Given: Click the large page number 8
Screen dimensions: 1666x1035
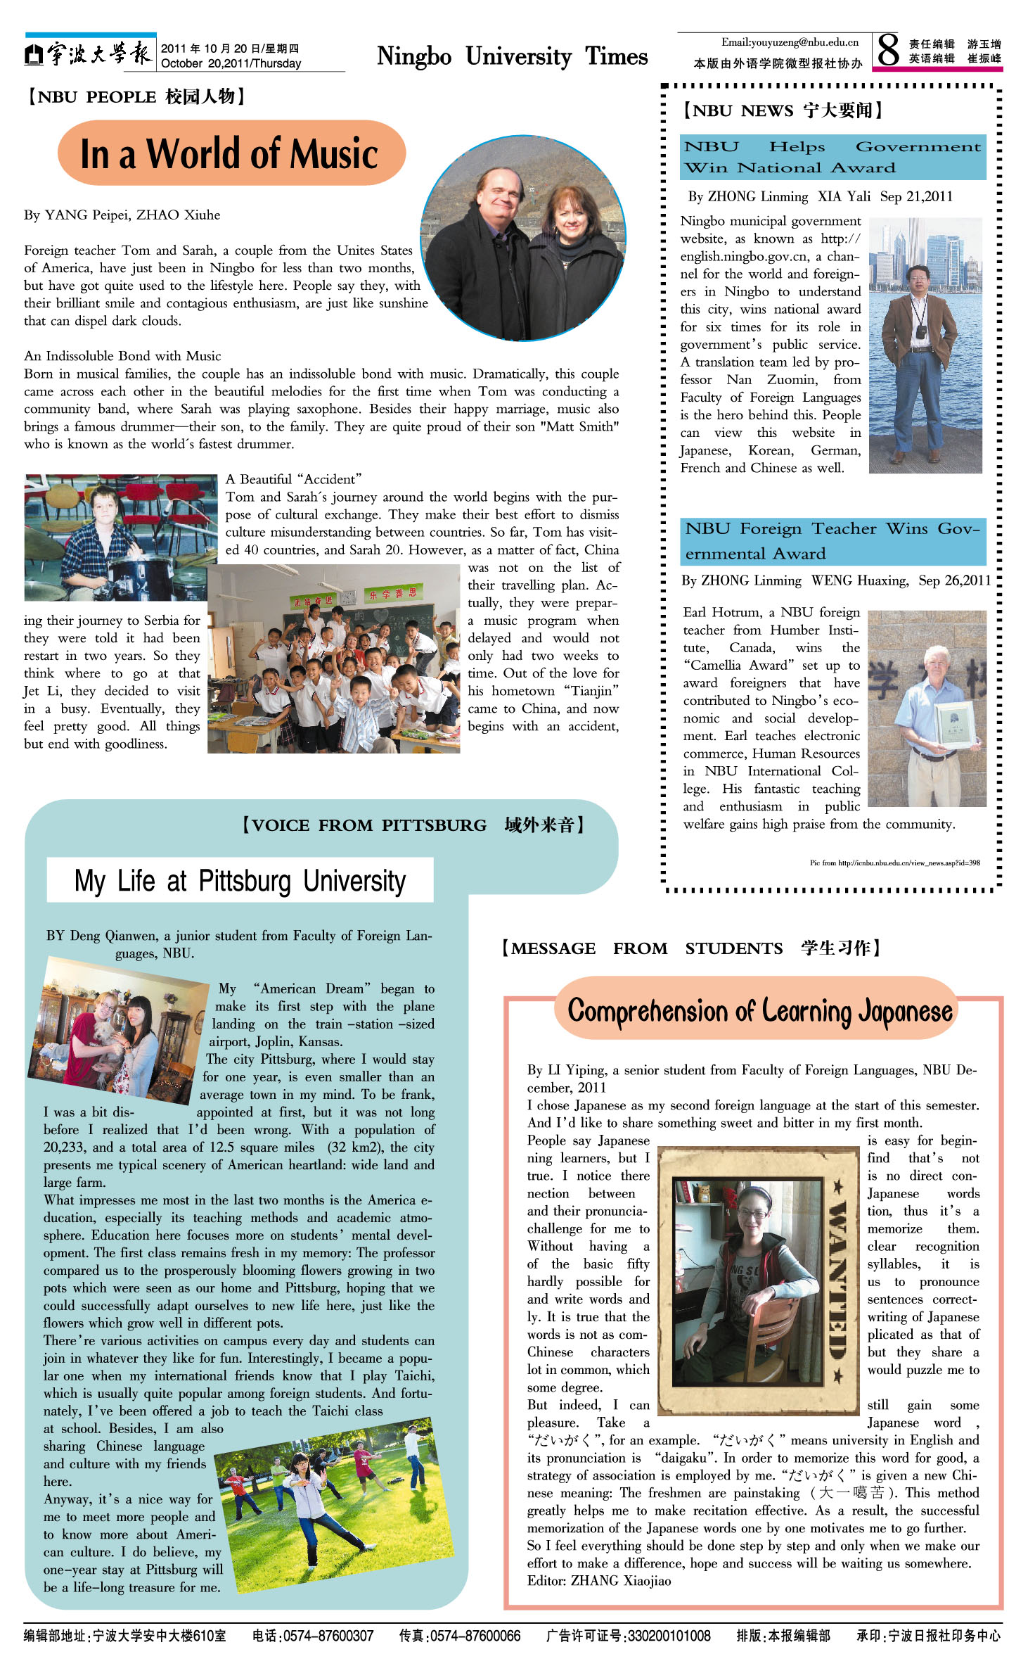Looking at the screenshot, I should [888, 51].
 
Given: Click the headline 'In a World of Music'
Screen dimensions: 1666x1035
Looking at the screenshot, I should [229, 154].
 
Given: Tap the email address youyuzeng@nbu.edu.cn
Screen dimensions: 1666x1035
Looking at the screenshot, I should [790, 42].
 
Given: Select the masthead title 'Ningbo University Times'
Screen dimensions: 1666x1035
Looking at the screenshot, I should [512, 56].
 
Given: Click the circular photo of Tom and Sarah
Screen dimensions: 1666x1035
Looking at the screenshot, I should [522, 237].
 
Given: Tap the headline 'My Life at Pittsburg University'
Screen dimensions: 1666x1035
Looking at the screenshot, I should [240, 881].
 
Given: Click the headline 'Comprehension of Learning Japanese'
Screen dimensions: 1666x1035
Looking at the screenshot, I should [759, 1011].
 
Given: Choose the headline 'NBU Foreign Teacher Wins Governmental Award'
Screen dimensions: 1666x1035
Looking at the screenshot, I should [832, 540].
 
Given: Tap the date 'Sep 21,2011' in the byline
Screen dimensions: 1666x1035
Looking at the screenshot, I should [916, 196].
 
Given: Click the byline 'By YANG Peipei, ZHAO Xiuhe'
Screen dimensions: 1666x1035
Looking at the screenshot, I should [122, 215].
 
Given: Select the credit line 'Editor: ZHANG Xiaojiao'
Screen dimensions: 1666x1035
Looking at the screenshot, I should [599, 1581].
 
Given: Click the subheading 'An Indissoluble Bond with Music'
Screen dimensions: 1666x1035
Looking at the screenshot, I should [122, 356].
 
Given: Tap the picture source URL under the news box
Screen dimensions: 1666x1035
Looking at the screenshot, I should [894, 863].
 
